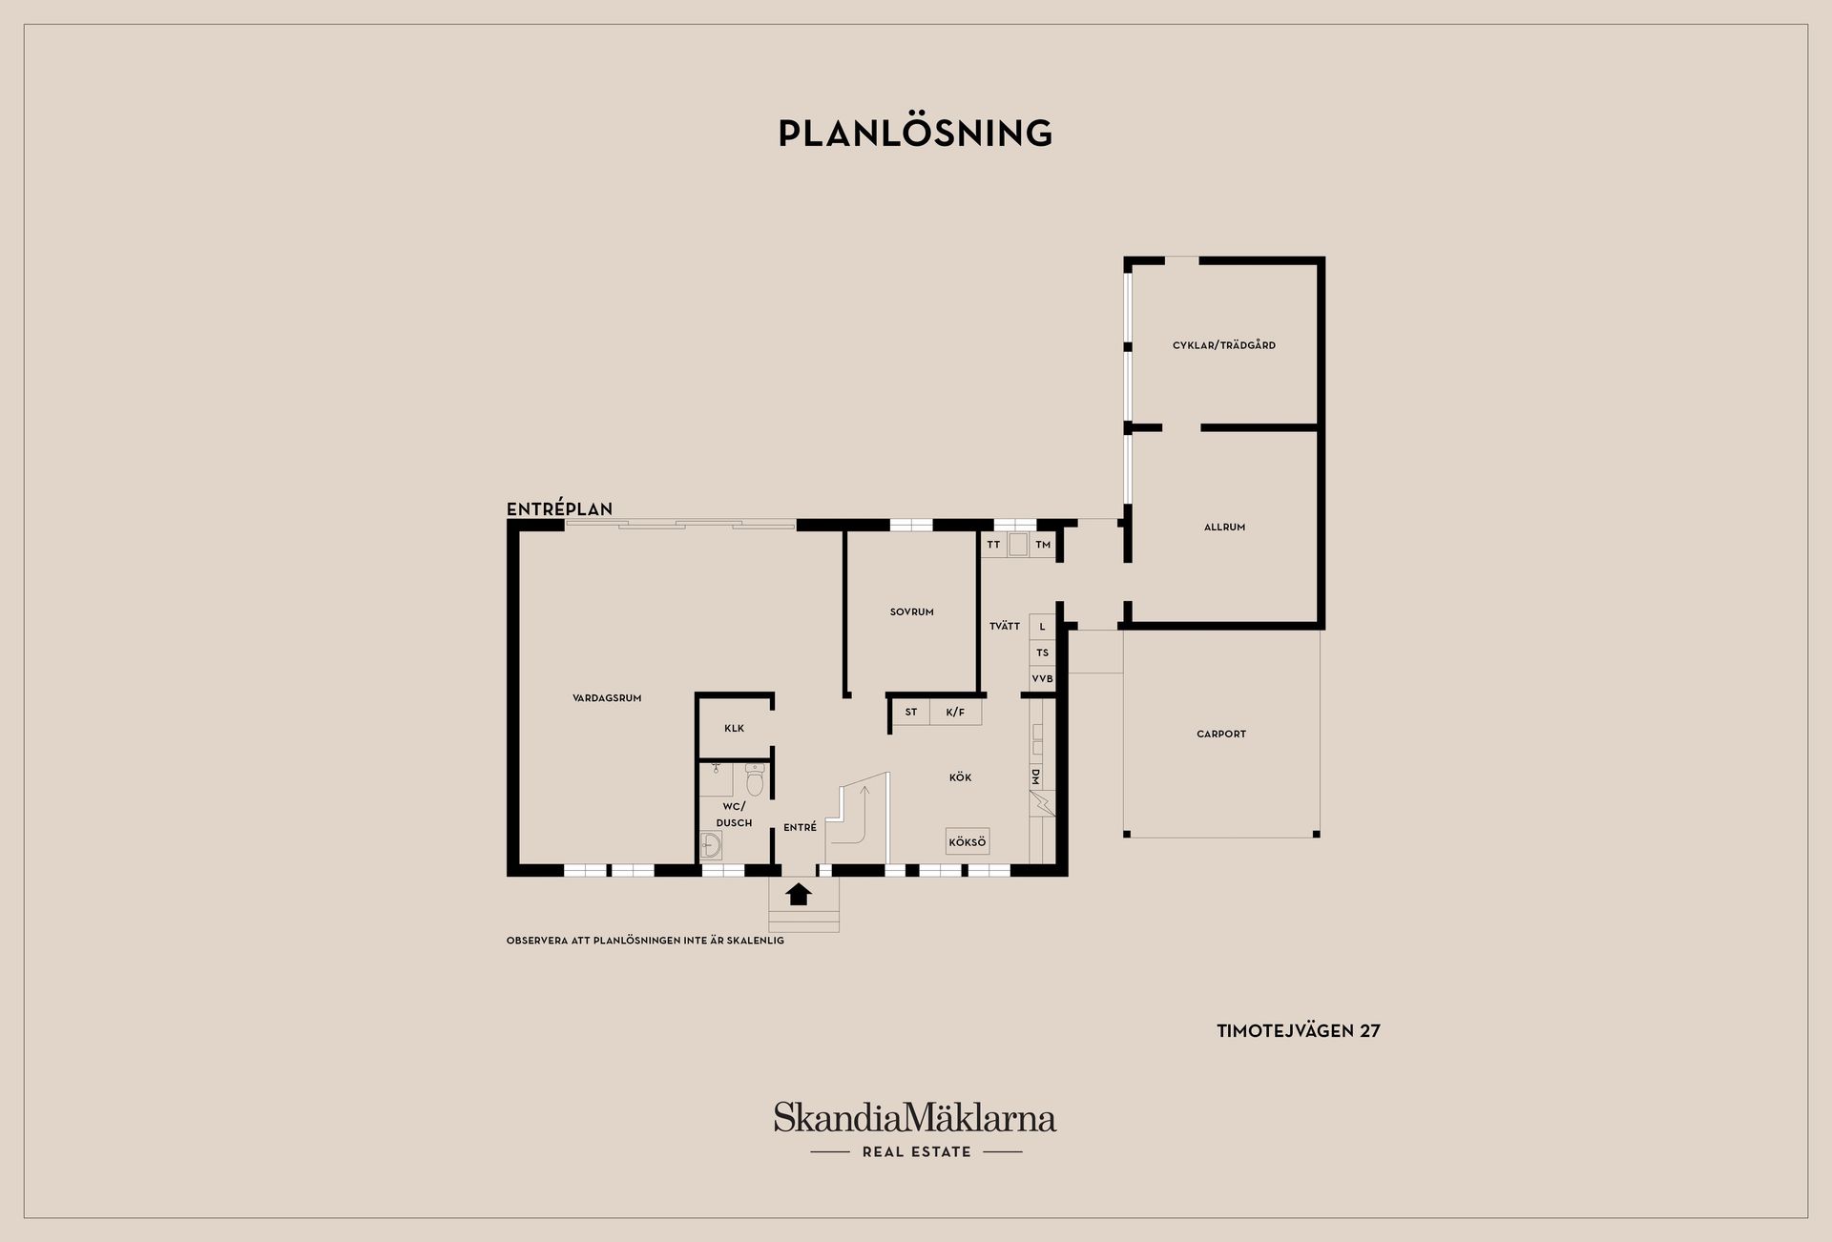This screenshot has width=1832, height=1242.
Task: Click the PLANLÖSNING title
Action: (915, 134)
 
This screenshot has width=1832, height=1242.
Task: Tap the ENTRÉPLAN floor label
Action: (559, 509)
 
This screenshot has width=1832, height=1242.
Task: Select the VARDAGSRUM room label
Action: (607, 698)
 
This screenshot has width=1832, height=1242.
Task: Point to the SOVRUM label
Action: (911, 612)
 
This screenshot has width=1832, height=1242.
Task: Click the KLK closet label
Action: (734, 729)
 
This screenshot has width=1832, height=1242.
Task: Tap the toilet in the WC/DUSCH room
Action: (755, 781)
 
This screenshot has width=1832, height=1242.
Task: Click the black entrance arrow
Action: (799, 894)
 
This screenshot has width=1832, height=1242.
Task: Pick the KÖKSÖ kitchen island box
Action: (968, 842)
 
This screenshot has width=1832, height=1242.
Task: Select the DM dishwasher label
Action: (1035, 776)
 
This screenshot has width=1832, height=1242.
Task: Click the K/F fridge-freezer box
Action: (955, 713)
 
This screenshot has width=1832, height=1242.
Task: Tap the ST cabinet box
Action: (911, 713)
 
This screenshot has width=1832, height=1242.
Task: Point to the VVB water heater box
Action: (1042, 679)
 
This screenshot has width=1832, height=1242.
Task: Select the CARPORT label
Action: (1221, 735)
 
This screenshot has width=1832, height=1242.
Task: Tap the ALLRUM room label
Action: (1224, 528)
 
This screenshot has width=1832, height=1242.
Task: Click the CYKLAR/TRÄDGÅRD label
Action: (1224, 345)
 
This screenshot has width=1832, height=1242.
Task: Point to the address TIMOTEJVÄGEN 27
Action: (1299, 1031)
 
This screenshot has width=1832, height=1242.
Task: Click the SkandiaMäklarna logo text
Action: (915, 1117)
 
